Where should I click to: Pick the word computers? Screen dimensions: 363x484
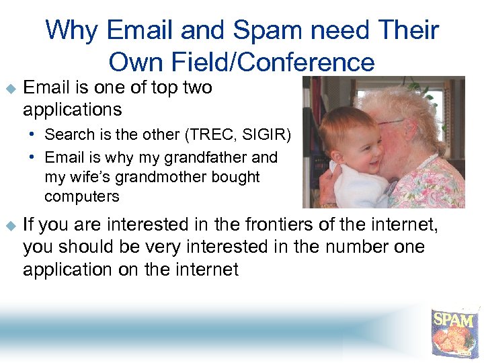click(81, 196)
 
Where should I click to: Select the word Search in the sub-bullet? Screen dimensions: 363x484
click(66, 134)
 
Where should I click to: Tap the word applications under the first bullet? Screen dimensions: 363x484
click(72, 109)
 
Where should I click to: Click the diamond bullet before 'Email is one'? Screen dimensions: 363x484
click(9, 88)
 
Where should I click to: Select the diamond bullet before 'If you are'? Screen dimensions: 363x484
click(9, 225)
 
